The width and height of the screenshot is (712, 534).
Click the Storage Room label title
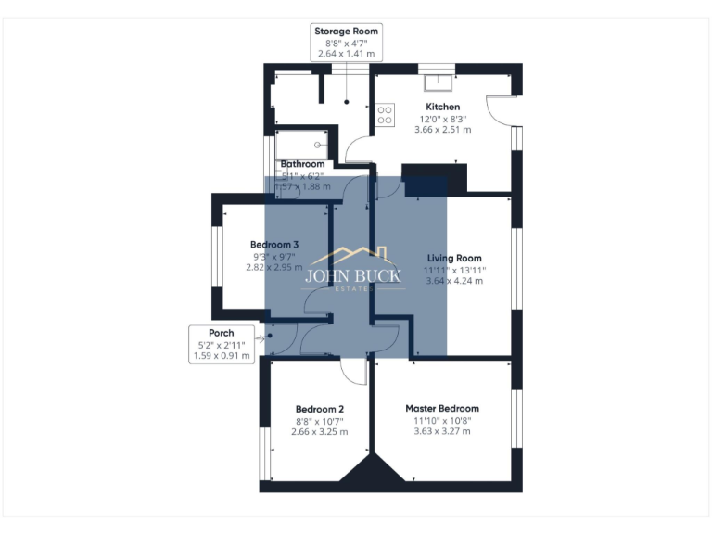pyautogui.click(x=347, y=31)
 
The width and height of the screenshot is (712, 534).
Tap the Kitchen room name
pyautogui.click(x=436, y=107)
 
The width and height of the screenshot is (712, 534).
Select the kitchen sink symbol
pyautogui.click(x=437, y=83)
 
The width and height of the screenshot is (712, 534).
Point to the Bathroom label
pyautogui.click(x=302, y=164)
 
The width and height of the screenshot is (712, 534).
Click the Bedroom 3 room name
pyautogui.click(x=274, y=244)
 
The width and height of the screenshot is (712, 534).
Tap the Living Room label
pyautogui.click(x=454, y=258)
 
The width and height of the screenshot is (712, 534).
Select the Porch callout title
pyautogui.click(x=221, y=333)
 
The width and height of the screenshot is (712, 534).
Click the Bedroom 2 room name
pyautogui.click(x=320, y=409)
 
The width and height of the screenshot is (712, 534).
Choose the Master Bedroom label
pyautogui.click(x=442, y=408)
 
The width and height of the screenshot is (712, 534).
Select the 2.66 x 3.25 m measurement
pyautogui.click(x=320, y=432)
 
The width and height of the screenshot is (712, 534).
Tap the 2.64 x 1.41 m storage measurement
pyautogui.click(x=347, y=54)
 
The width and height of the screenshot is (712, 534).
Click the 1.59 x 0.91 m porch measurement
pyautogui.click(x=221, y=355)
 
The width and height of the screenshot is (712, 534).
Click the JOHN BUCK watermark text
pyautogui.click(x=353, y=275)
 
